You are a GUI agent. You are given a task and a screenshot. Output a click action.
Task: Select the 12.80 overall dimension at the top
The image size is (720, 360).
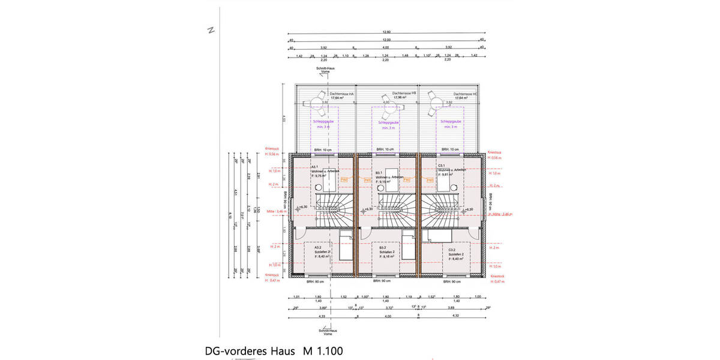coord(386,31)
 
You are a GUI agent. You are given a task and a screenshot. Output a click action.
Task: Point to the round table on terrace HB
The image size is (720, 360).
coord(386,104)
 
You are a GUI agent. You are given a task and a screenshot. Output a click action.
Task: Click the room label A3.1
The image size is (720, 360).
coord(315,167)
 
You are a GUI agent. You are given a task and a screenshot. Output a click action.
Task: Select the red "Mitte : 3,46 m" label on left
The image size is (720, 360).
coord(272,212)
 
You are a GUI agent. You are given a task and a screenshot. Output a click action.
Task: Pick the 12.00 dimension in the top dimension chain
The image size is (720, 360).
coord(386,39)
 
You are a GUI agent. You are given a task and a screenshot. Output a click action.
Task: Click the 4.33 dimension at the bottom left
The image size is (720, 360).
coord(322,316)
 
